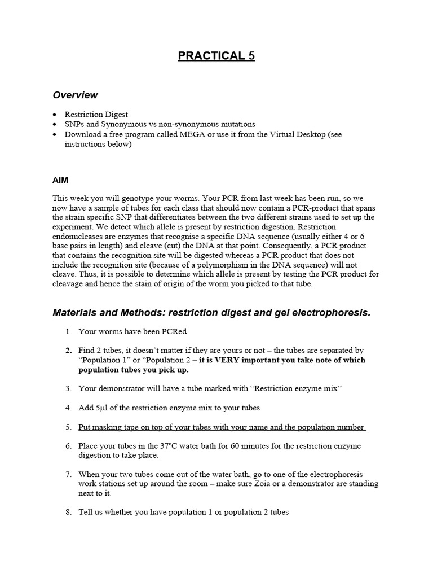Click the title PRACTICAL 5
click(x=216, y=56)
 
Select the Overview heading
click(x=75, y=95)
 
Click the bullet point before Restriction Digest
click(x=55, y=115)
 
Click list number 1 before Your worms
click(x=68, y=331)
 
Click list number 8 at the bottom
click(x=68, y=513)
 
